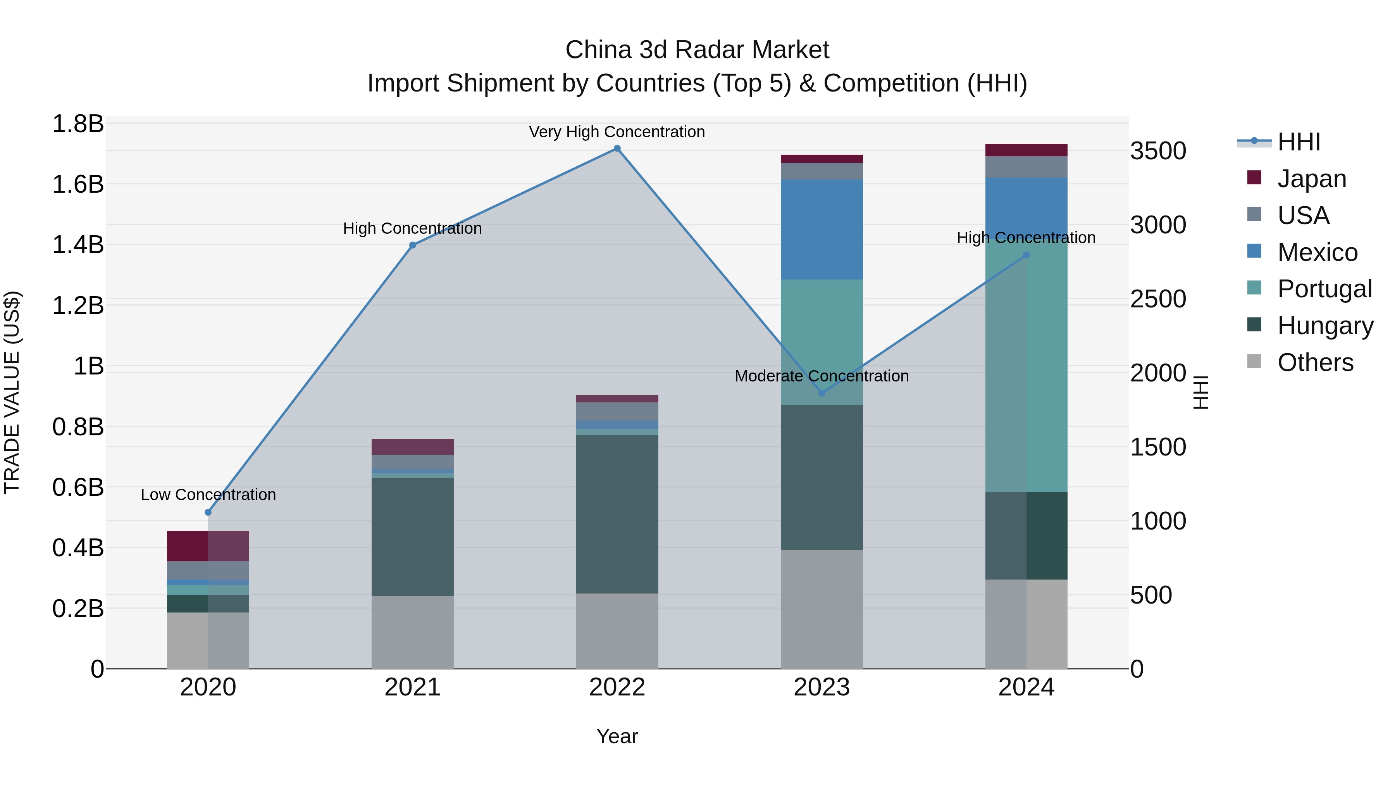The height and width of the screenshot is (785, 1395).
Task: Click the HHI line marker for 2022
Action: pyautogui.click(x=617, y=148)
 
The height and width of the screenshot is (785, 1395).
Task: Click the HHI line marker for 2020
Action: pyautogui.click(x=208, y=512)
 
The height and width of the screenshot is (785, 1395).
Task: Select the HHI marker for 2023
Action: pyautogui.click(x=821, y=393)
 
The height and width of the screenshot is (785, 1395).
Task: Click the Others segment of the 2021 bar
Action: pyautogui.click(x=412, y=632)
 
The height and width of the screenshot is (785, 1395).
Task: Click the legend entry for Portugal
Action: pyautogui.click(x=1324, y=289)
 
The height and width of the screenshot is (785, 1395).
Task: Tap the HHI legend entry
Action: pyautogui.click(x=1298, y=142)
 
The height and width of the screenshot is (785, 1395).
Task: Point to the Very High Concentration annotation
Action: pyautogui.click(x=617, y=132)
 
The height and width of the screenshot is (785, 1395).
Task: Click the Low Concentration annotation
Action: pyautogui.click(x=208, y=495)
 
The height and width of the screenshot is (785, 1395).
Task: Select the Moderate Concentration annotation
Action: pyautogui.click(x=821, y=376)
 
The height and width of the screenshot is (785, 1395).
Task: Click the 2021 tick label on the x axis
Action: pyautogui.click(x=412, y=687)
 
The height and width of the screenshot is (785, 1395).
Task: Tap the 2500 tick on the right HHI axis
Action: pyautogui.click(x=1158, y=299)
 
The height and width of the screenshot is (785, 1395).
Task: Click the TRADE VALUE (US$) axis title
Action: pyautogui.click(x=12, y=392)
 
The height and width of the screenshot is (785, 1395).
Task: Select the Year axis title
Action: pyautogui.click(x=617, y=736)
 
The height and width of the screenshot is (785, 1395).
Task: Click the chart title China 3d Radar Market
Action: pyautogui.click(x=697, y=50)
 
